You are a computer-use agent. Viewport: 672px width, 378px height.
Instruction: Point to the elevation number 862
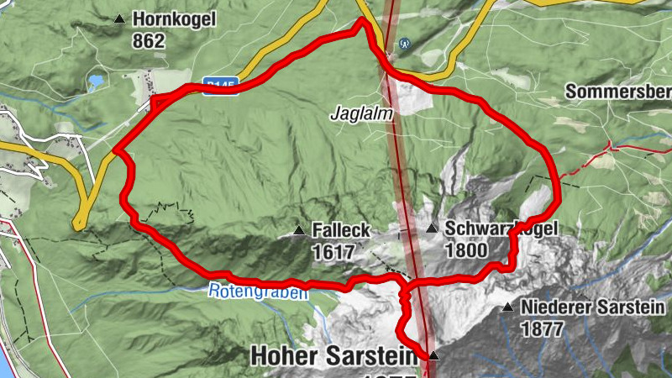point(148,39)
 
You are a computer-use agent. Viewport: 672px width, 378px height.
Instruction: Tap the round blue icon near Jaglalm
point(406,43)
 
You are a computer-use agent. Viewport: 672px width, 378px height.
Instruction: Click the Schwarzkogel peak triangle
point(431,228)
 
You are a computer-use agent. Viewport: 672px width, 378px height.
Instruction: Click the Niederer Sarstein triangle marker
point(507,308)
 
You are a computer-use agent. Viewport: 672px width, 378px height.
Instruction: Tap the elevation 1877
point(542,329)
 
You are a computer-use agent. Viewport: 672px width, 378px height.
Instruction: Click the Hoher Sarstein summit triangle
point(433,356)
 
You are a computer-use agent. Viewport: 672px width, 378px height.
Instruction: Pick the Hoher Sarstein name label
point(333,357)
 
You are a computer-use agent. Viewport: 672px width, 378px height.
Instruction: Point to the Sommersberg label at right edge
point(618,91)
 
